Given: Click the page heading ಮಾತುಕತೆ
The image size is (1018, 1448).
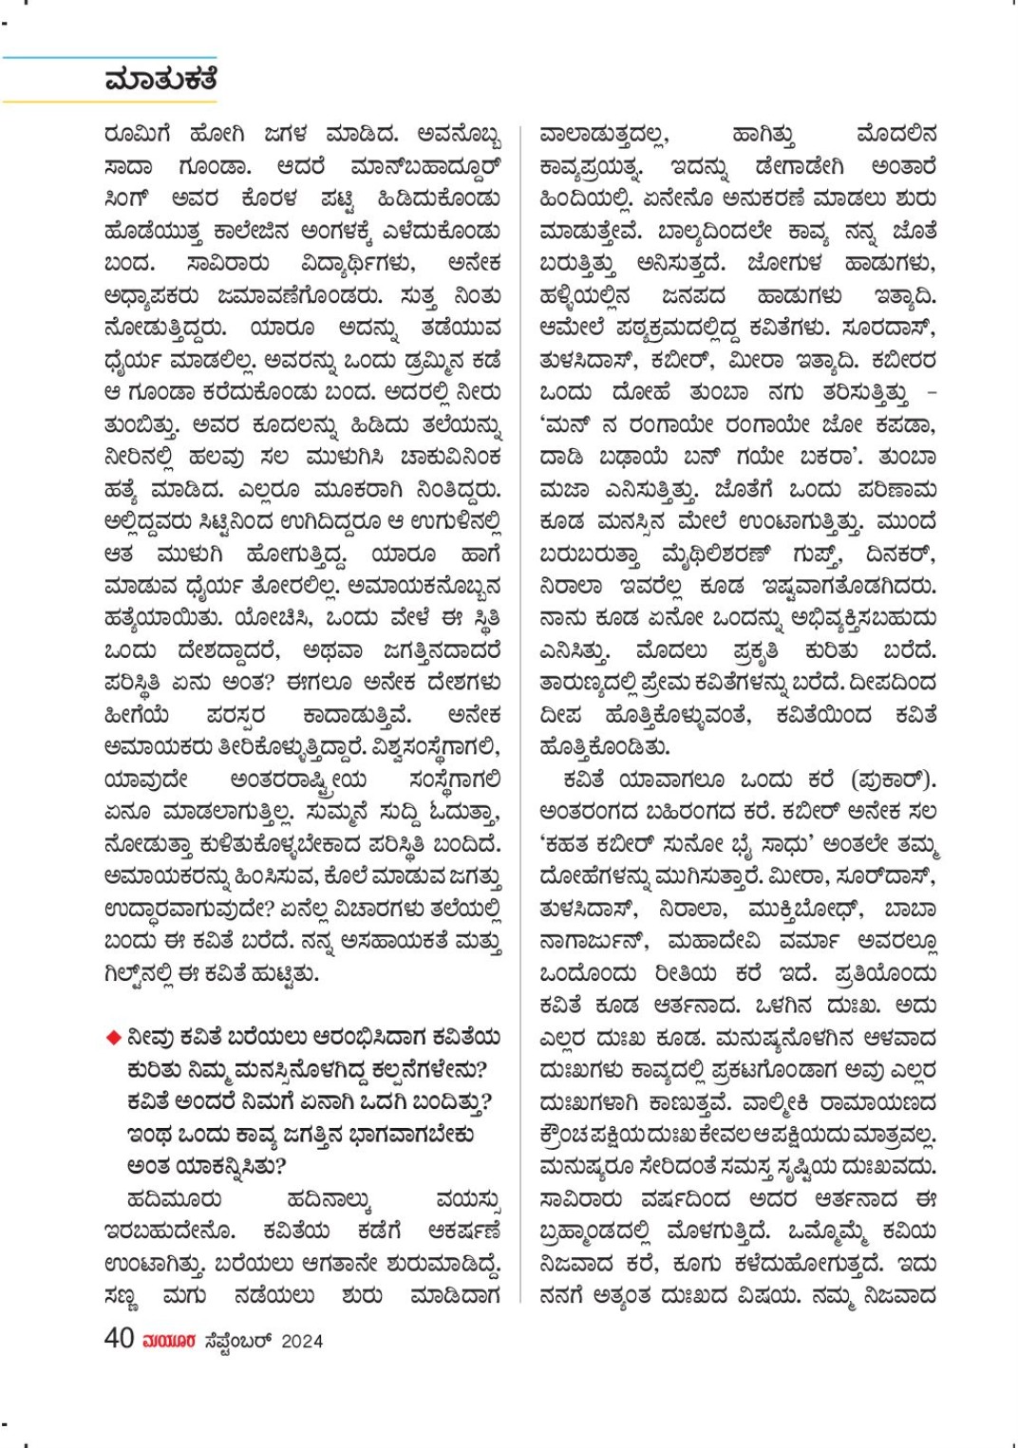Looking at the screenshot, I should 161,80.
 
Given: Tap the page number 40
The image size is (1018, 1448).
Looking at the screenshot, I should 119,1338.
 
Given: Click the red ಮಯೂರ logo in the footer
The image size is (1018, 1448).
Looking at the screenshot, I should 169,1341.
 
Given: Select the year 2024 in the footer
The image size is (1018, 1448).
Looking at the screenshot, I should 302,1341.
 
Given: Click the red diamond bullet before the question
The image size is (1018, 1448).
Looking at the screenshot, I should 114,1037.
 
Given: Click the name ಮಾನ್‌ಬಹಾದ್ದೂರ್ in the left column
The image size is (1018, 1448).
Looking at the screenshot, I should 424,166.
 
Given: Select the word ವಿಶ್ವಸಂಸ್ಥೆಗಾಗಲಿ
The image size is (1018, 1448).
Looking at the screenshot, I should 424,747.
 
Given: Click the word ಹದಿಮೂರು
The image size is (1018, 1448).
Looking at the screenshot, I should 174,1199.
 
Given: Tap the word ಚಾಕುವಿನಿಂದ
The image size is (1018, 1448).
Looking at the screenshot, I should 450,457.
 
